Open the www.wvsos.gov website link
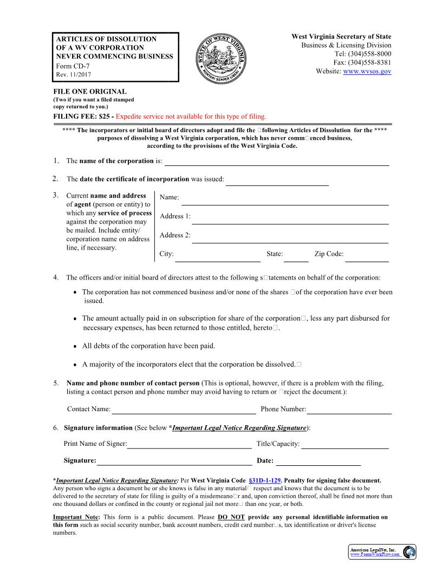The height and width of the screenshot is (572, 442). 367,71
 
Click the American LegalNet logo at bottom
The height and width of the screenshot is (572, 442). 382,552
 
